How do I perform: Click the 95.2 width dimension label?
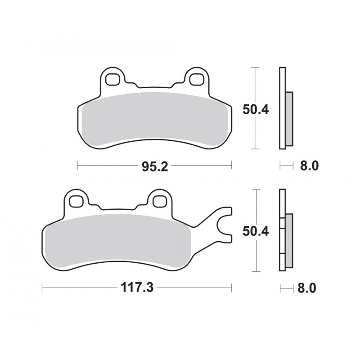point(154,166)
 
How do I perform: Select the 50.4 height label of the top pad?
point(256,109)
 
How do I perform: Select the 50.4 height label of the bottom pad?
point(256,231)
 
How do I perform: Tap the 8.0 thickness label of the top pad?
point(309,166)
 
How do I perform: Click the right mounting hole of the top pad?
point(196,79)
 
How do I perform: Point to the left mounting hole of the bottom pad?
point(75,201)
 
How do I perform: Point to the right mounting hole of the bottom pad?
point(159,201)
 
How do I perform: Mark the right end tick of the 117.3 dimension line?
point(231,288)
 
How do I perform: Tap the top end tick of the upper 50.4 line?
point(255,67)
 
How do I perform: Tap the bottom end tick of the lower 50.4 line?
point(255,271)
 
